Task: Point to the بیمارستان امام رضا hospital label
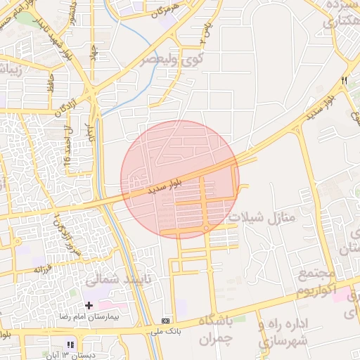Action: pyautogui.click(x=115, y=319)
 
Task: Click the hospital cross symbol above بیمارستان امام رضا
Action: pyautogui.click(x=88, y=305)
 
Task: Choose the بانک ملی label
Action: pyautogui.click(x=165, y=329)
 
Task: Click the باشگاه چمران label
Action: pyautogui.click(x=219, y=329)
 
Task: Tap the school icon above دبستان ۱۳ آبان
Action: pyautogui.click(x=70, y=344)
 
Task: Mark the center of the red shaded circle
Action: pyautogui.click(x=180, y=179)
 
